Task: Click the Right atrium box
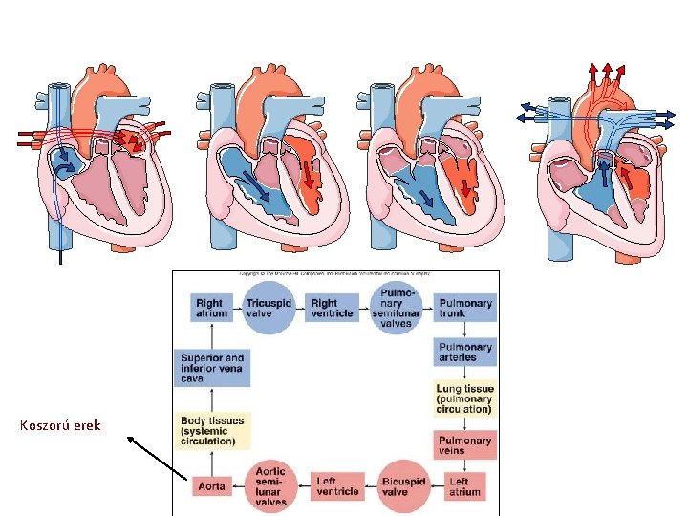(212, 307)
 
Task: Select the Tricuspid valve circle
(270, 307)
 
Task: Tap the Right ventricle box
(333, 307)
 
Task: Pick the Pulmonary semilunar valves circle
(397, 307)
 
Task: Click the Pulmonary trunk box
(465, 307)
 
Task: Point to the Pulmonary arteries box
(465, 352)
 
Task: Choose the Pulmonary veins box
(465, 442)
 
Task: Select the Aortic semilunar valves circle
(271, 485)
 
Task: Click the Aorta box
(212, 486)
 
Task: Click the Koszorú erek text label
(59, 424)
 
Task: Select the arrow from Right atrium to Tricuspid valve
(238, 307)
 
